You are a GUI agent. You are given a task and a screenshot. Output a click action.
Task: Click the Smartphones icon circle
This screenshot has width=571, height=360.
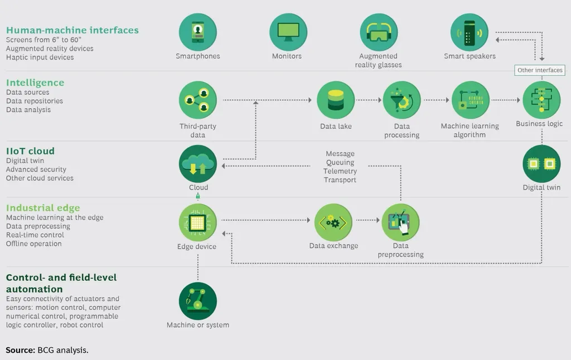point(197,32)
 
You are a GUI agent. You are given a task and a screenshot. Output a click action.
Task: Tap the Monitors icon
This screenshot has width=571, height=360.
point(288,32)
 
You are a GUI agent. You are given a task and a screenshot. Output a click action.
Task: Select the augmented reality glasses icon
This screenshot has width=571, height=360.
point(379,32)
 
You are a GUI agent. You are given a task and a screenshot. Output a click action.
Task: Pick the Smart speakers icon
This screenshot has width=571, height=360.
point(470,32)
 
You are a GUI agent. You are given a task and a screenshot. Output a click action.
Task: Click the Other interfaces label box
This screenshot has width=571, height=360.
point(540,70)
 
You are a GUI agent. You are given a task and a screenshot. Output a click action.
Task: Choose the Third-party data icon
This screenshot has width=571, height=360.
point(197,100)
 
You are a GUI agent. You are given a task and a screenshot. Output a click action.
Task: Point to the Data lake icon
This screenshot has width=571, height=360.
point(336,100)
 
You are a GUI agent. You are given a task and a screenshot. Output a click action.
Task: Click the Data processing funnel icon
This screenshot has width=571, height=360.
point(401,100)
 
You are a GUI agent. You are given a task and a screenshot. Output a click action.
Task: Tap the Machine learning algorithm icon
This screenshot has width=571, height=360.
point(470,100)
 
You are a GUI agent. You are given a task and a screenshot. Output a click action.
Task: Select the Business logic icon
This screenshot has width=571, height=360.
point(541,100)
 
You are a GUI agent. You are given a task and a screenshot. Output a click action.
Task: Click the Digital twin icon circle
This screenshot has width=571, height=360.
point(541,164)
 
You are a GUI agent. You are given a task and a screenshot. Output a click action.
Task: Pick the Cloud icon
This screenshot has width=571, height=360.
point(198,164)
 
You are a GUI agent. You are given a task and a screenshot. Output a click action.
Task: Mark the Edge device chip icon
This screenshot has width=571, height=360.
point(197,222)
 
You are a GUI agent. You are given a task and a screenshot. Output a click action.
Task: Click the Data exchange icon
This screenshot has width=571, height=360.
point(333,222)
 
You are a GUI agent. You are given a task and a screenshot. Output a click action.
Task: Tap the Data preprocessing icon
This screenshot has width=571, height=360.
point(400,222)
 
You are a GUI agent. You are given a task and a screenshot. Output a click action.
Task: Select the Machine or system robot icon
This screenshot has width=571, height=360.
point(197,301)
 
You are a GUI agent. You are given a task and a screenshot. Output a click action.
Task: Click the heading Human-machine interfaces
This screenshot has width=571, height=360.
point(72,30)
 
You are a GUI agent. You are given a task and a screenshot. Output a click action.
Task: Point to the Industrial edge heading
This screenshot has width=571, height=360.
point(43,208)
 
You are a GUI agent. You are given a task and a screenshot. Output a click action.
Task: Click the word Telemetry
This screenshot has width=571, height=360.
point(340,171)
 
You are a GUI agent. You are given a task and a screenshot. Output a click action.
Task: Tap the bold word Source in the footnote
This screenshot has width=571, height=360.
point(20,350)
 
